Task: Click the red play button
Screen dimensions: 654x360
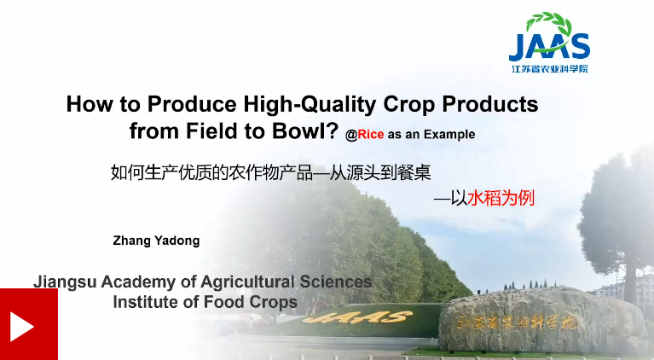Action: click(29, 324)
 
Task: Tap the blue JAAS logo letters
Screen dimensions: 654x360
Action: click(549, 46)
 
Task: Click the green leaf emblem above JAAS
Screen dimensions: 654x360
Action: click(548, 23)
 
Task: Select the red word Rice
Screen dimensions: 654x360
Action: click(370, 134)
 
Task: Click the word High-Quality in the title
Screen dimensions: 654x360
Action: click(310, 104)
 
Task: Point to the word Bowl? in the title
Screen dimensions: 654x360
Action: click(305, 131)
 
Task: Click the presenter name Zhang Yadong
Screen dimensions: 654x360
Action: click(156, 241)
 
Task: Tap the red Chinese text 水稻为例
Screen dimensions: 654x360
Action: click(501, 198)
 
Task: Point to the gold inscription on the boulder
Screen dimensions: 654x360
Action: click(517, 322)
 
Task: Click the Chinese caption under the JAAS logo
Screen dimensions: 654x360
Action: click(550, 69)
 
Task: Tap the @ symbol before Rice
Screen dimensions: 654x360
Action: click(351, 135)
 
